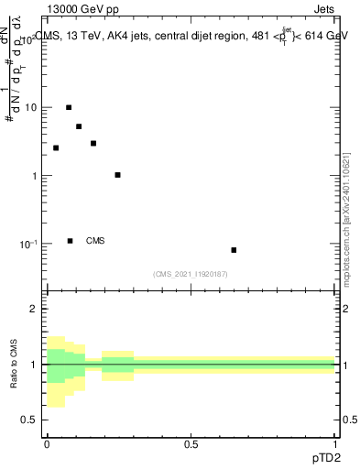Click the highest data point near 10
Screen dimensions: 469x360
69,107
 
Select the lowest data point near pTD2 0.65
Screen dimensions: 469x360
234,250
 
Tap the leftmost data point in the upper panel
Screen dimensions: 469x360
56,147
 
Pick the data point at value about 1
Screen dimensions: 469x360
117,175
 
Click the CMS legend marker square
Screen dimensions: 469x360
70,241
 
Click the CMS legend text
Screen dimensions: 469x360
95,241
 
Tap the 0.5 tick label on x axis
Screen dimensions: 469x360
191,444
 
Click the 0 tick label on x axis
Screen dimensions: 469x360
47,444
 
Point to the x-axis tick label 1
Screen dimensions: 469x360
335,444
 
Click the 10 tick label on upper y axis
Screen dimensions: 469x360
30,107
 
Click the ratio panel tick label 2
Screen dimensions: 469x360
34,310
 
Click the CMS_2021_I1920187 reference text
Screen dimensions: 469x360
191,274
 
